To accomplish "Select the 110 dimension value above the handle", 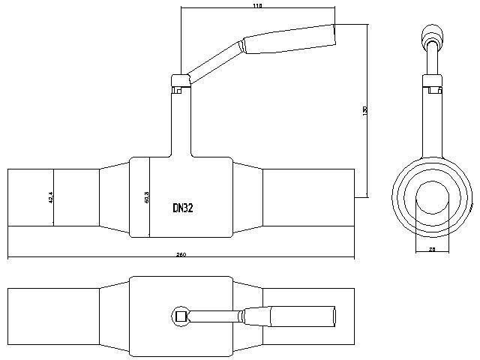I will pyautogui.click(x=257, y=6).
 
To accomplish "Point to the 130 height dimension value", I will pyautogui.click(x=365, y=110).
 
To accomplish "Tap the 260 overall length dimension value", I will pyautogui.click(x=181, y=255).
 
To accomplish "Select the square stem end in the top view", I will pyautogui.click(x=180, y=316).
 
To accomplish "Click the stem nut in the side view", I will pyautogui.click(x=180, y=79).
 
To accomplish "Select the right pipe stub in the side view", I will pyautogui.click(x=307, y=197).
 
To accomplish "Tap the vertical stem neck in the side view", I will pyautogui.click(x=180, y=124).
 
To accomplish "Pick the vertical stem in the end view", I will pyautogui.click(x=433, y=120).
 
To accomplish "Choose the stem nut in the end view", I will pyautogui.click(x=433, y=81).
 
